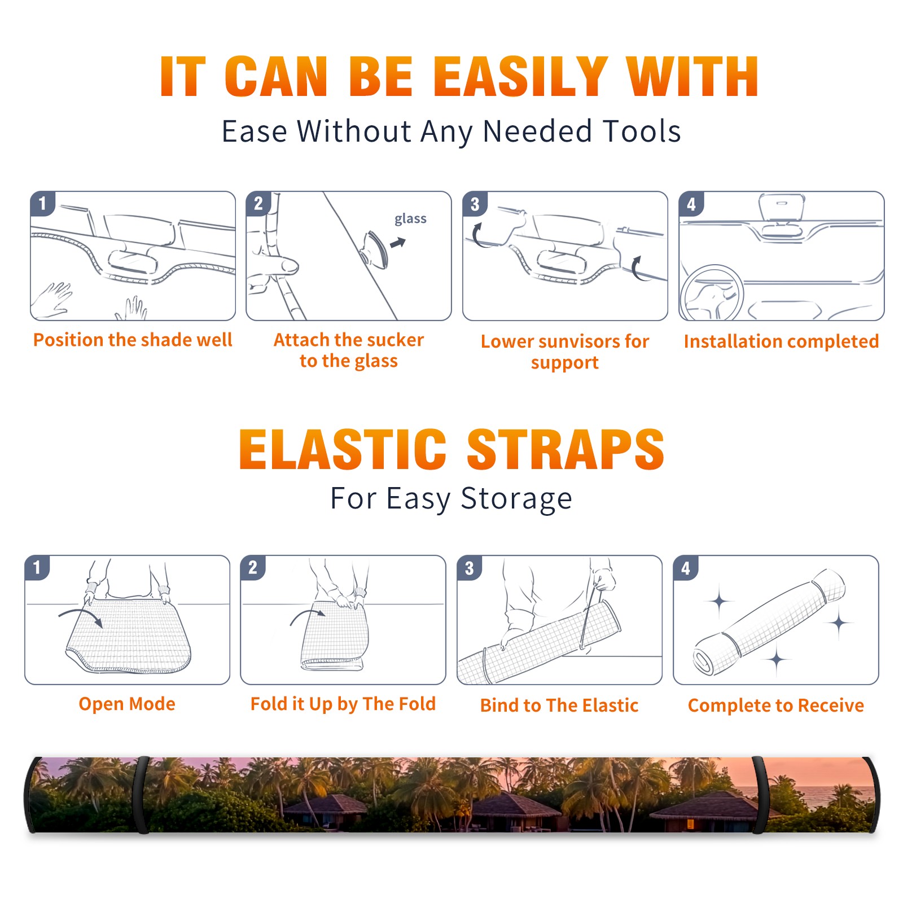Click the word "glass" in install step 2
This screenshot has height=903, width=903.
pos(410,219)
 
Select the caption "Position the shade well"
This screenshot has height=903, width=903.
pos(133,340)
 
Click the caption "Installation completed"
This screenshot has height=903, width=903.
pos(781,341)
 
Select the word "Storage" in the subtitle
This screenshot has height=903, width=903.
pos(516,498)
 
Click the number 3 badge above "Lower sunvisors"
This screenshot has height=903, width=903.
pos(475,204)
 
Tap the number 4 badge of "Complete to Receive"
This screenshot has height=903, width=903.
pos(686,568)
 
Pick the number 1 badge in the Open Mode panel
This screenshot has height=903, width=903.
pos(37,567)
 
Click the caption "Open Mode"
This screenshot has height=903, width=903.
pos(127,704)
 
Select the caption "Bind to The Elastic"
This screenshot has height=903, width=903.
pos(559,705)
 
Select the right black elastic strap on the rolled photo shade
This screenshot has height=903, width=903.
pos(759,795)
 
